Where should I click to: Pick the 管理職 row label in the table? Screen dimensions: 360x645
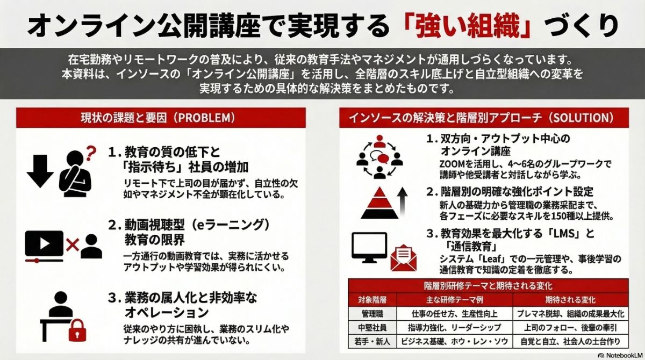371,313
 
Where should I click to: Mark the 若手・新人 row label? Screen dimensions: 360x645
371,341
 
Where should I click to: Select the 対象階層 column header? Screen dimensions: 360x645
371,299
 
